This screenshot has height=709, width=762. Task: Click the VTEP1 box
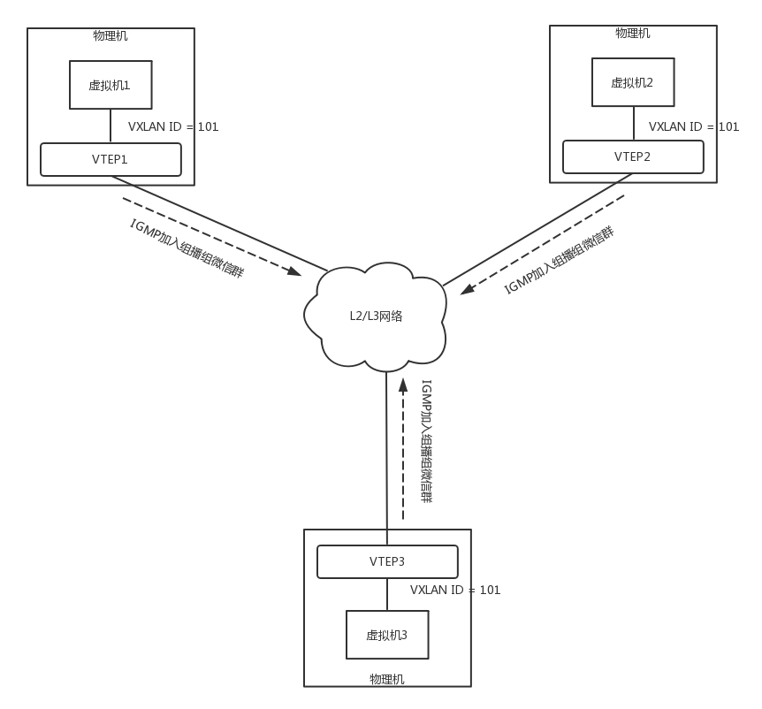[x=110, y=160]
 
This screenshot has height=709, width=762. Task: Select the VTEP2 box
[x=633, y=156]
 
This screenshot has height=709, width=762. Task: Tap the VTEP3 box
[x=387, y=561]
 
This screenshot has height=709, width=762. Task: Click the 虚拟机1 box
[x=110, y=85]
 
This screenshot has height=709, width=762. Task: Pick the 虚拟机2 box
[x=633, y=82]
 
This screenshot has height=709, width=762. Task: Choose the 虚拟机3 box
[x=387, y=635]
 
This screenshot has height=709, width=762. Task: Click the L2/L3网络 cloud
[x=376, y=316]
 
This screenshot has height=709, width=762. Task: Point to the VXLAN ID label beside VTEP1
[x=173, y=127]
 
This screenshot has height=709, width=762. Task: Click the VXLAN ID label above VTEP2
[x=694, y=127]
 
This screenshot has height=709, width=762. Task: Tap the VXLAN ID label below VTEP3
[x=455, y=590]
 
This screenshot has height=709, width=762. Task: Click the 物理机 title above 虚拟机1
[x=110, y=36]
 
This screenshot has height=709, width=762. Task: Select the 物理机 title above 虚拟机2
[x=633, y=33]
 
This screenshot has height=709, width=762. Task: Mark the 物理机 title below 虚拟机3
[x=387, y=679]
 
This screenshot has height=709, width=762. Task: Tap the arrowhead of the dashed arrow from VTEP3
[x=403, y=384]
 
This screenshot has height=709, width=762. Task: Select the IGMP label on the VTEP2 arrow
[x=559, y=261]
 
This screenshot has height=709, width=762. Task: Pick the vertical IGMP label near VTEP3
[x=426, y=441]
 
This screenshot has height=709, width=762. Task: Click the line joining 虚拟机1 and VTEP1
[x=110, y=126]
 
